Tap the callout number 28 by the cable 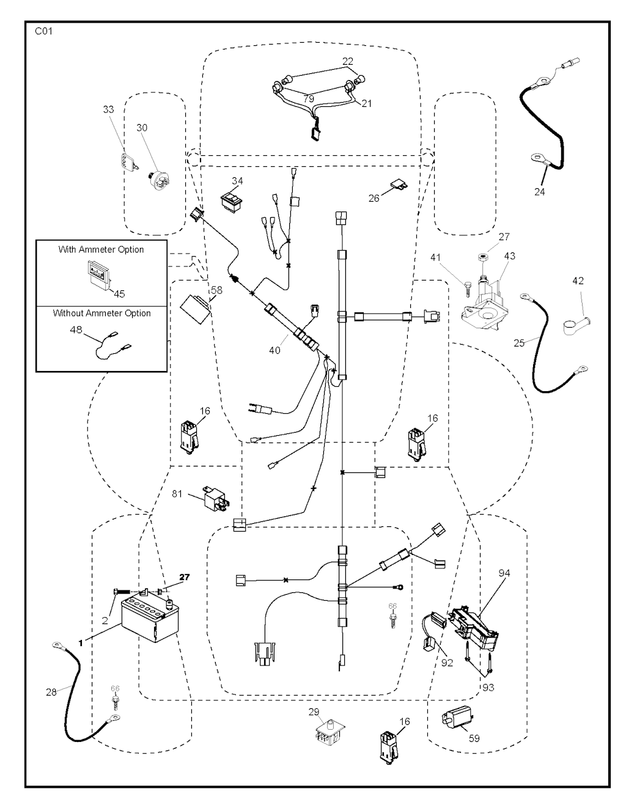click(51, 692)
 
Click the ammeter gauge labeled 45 click(97, 273)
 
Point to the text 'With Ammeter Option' click(101, 249)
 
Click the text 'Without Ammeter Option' click(101, 313)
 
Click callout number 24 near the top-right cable click(539, 191)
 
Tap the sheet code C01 click(43, 32)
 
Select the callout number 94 click(504, 573)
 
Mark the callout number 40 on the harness click(274, 350)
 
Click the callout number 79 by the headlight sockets click(309, 98)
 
